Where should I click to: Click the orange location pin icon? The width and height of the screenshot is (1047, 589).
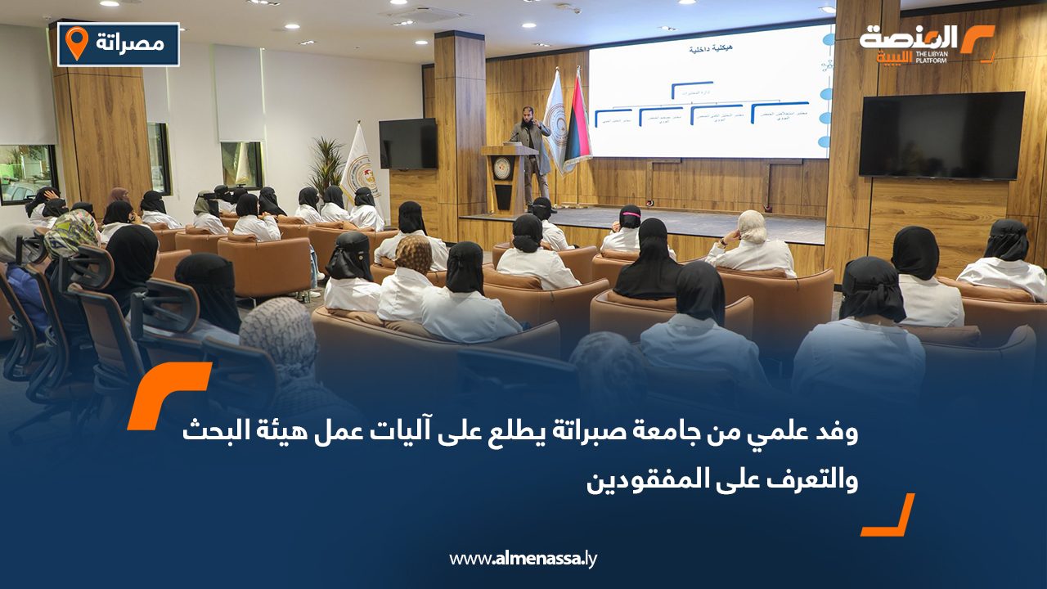coord(76,43)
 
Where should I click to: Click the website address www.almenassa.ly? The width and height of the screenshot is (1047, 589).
coord(523,559)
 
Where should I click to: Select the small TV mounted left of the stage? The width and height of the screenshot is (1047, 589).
coord(407,143)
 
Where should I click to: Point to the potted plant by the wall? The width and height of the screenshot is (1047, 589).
coord(326,164)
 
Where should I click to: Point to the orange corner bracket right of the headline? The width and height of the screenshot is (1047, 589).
coord(890,518)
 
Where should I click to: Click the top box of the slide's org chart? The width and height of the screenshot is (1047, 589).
coord(692,86)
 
